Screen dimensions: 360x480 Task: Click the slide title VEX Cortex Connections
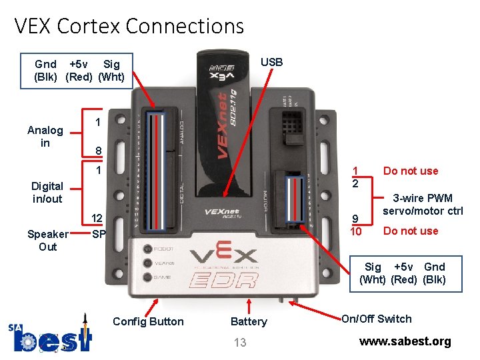tap(129, 26)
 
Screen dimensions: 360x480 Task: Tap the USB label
tap(271, 62)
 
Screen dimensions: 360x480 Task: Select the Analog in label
tap(45, 137)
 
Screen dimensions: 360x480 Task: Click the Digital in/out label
tap(47, 193)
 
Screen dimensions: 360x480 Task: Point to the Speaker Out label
tap(47, 241)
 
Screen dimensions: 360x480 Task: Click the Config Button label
tap(148, 321)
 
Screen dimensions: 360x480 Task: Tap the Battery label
tap(248, 321)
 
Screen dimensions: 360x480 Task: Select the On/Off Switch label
tap(377, 319)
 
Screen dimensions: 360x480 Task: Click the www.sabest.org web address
tap(405, 341)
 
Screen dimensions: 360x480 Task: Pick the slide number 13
tap(240, 343)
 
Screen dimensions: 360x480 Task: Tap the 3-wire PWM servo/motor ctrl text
tap(423, 205)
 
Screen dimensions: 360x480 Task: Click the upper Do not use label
tap(410, 171)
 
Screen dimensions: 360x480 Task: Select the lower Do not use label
tap(410, 231)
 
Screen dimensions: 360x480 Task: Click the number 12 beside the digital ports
tap(97, 219)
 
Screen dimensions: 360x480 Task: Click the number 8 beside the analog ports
tap(98, 151)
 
